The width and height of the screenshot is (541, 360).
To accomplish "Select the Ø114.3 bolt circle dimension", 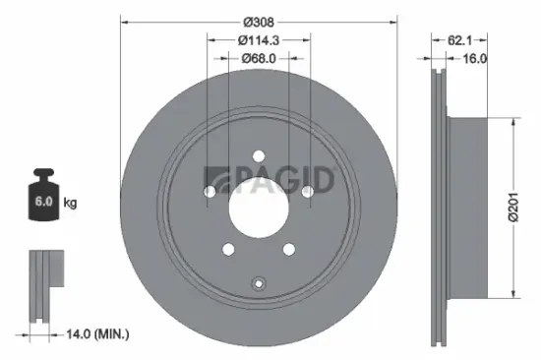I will [259, 39].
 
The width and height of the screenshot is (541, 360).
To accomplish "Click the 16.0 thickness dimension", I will [474, 59].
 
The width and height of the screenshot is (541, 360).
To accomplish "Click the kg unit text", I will [70, 204].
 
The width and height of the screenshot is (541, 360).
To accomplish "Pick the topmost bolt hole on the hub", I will [258, 154].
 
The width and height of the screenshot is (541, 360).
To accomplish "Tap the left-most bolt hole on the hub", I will [210, 191].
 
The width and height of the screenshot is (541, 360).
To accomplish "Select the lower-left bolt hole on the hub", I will [228, 248].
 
